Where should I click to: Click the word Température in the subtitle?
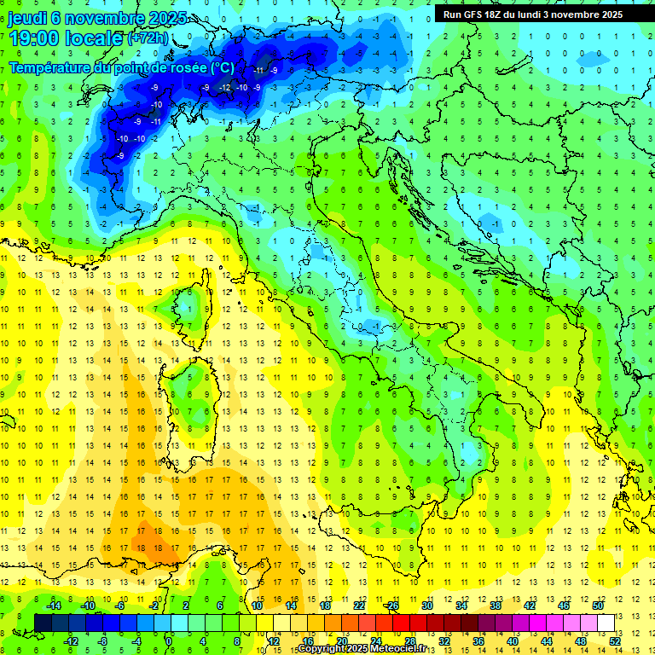(52, 67)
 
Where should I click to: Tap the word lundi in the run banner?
(542, 14)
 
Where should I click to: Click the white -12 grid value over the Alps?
(224, 88)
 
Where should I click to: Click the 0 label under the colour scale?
(169, 641)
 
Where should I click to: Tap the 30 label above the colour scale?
(427, 606)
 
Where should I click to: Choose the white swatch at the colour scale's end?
(606, 623)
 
